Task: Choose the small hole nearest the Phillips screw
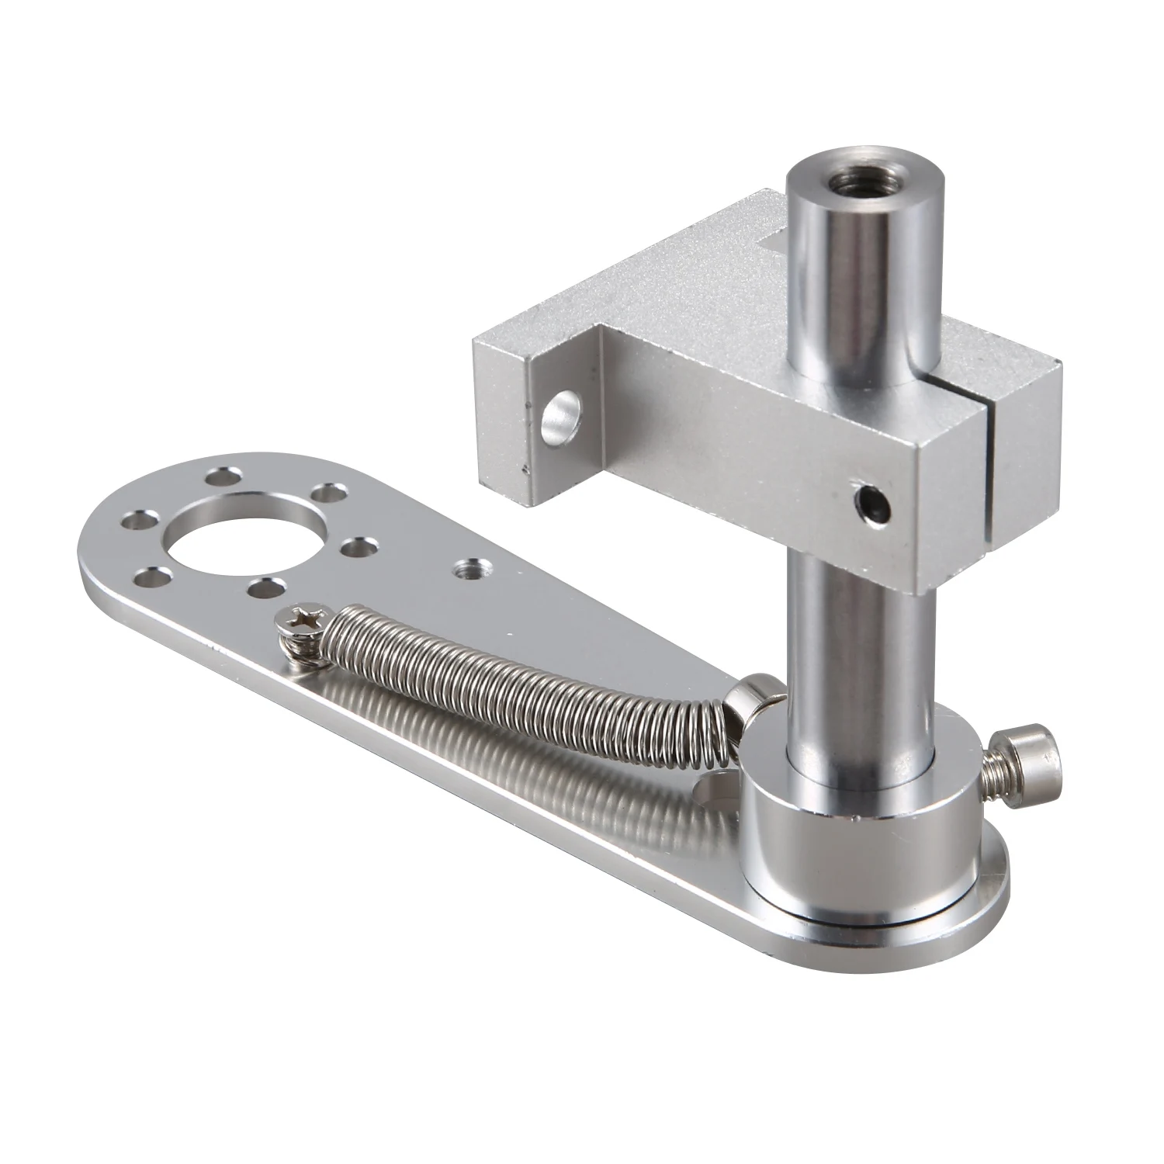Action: [259, 588]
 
